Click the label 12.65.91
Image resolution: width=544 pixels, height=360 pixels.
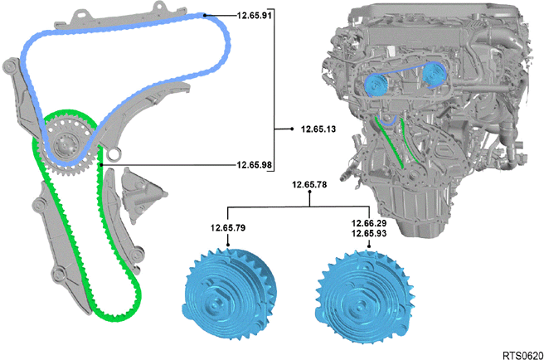pyautogui.click(x=255, y=15)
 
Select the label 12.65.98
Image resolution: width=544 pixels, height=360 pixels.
pyautogui.click(x=255, y=165)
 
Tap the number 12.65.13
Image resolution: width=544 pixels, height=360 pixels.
pyautogui.click(x=318, y=129)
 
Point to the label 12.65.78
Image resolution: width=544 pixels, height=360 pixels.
pyautogui.click(x=309, y=184)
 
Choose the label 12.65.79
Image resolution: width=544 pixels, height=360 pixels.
pyautogui.click(x=228, y=228)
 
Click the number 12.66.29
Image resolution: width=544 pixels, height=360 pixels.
pyautogui.click(x=369, y=223)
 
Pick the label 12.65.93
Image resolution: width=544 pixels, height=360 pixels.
pyautogui.click(x=369, y=234)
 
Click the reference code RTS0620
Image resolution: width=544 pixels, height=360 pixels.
pyautogui.click(x=523, y=356)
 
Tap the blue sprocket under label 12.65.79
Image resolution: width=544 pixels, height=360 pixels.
pyautogui.click(x=229, y=294)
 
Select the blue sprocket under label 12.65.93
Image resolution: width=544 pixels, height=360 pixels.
pyautogui.click(x=363, y=297)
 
